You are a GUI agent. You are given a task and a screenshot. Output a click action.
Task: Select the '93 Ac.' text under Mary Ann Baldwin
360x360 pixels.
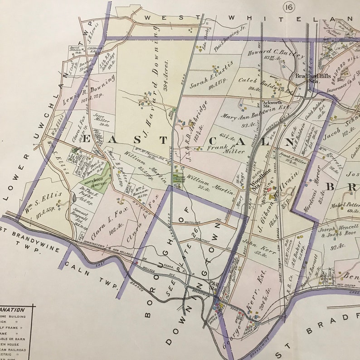(247, 125)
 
